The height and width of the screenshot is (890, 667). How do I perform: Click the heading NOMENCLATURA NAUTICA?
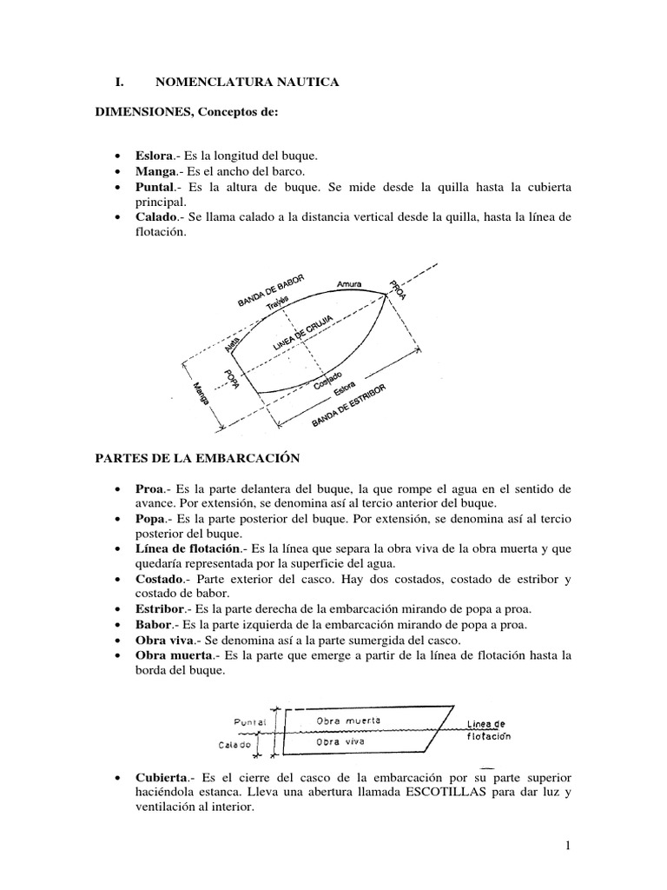pyautogui.click(x=247, y=83)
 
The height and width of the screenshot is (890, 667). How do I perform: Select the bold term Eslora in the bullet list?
pyautogui.click(x=153, y=156)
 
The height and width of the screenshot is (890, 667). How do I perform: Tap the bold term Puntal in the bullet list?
pyautogui.click(x=155, y=187)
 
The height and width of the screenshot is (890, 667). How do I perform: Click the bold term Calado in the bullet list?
pyautogui.click(x=155, y=218)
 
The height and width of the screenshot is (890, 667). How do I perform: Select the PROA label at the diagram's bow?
pyautogui.click(x=397, y=290)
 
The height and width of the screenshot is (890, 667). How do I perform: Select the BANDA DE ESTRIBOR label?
pyautogui.click(x=348, y=406)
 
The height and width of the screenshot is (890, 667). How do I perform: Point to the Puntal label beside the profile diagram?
pyautogui.click(x=250, y=721)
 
